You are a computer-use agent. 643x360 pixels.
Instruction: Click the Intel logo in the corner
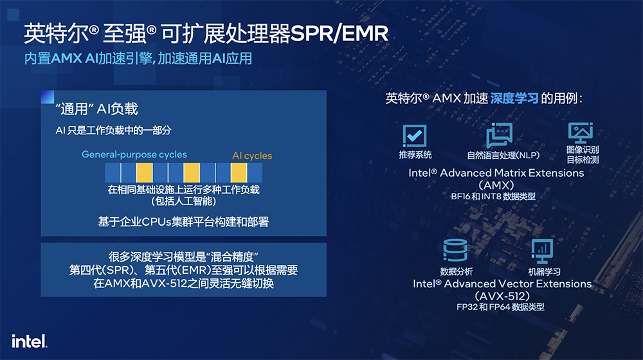[29, 341]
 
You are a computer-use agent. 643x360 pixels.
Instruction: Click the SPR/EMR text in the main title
[339, 33]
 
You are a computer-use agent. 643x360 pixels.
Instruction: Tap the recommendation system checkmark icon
[415, 135]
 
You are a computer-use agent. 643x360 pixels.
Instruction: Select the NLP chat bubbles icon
[499, 135]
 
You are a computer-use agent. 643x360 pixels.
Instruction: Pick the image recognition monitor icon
[580, 132]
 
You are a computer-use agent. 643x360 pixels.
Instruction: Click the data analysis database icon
[455, 250]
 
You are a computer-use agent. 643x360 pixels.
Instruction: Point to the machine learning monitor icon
[541, 251]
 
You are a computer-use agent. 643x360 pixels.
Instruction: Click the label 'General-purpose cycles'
[134, 154]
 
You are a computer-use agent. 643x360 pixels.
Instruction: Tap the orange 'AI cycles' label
[252, 156]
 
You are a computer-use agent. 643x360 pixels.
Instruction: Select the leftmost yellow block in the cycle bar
[144, 173]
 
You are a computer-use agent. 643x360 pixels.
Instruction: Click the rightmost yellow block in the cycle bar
[239, 173]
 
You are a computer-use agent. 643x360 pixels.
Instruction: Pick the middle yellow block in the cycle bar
[192, 173]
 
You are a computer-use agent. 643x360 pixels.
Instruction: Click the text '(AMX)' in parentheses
[496, 185]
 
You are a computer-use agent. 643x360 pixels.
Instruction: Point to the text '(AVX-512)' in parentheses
[502, 296]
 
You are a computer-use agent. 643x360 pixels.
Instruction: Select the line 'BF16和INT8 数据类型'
[493, 197]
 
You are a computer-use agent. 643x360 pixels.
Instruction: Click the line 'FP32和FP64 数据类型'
[500, 307]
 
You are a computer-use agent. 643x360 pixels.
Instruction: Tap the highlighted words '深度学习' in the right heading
[514, 98]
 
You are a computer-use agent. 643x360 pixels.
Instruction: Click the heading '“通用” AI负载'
[97, 109]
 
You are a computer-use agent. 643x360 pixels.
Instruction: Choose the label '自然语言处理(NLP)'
[503, 156]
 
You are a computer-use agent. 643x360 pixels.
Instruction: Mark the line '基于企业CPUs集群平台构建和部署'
[183, 222]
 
